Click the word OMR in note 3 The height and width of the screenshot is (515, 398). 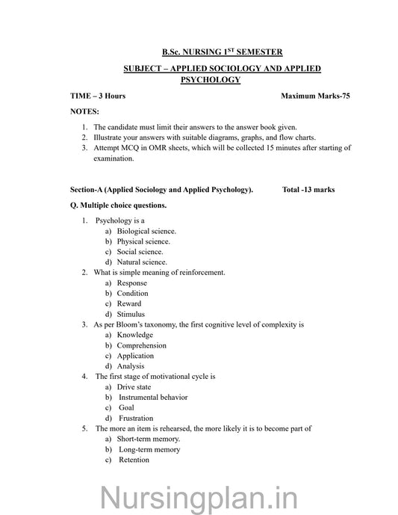(x=157, y=148)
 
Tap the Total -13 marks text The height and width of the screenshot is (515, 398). (x=308, y=190)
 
